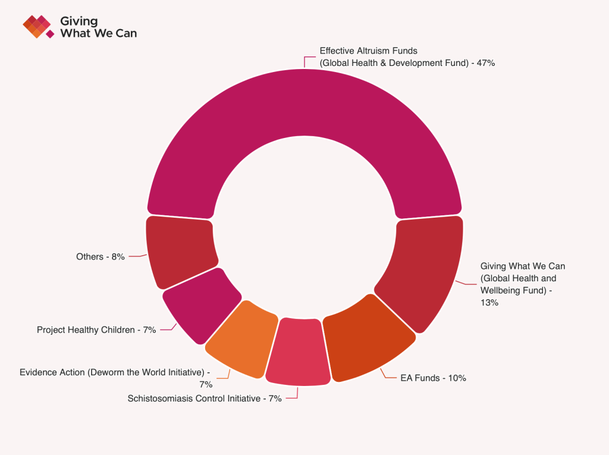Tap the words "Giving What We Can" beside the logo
(98, 27)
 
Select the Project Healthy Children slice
(199, 303)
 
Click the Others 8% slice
(178, 253)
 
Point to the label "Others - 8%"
(101, 257)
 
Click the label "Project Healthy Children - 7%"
(96, 330)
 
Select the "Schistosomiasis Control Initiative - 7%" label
(205, 398)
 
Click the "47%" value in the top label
(486, 62)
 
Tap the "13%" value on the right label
(489, 302)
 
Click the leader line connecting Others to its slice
(138, 256)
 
